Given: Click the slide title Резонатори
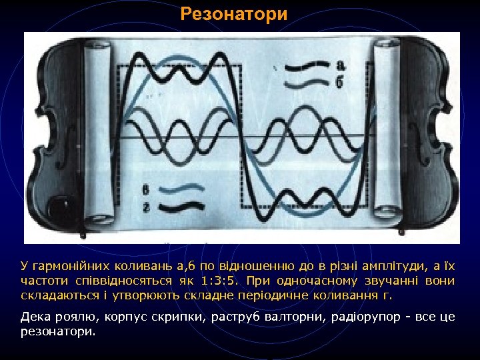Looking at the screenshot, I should pos(234,14).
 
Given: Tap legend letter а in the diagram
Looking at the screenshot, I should pos(341,65).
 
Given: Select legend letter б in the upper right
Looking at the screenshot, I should pos(341,83).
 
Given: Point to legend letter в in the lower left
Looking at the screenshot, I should pos(145,191).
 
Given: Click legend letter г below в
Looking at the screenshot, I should pos(145,208).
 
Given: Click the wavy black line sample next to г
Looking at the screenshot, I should pos(180,209).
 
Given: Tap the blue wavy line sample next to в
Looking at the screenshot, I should pos(180,191).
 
